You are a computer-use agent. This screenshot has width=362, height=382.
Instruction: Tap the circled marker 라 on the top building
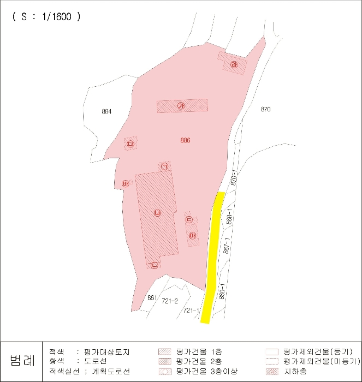pyautogui.click(x=234, y=64)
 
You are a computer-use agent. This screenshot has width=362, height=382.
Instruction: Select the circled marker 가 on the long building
pyautogui.click(x=181, y=106)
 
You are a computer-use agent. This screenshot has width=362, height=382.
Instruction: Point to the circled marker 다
pyautogui.click(x=130, y=144)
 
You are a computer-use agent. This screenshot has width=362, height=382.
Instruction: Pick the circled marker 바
pyautogui.click(x=125, y=183)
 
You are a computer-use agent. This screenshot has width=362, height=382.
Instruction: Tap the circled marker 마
pyautogui.click(x=192, y=236)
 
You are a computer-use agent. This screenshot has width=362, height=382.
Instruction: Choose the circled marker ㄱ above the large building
pyautogui.click(x=164, y=166)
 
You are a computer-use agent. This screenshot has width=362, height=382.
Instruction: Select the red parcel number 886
pyautogui.click(x=185, y=140)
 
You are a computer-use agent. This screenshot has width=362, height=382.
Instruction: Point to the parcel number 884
pyautogui.click(x=106, y=112)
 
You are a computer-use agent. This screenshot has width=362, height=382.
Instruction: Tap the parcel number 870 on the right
pyautogui.click(x=265, y=110)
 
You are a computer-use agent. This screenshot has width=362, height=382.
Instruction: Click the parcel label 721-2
pyautogui.click(x=170, y=301)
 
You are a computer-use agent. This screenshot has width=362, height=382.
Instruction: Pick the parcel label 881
pyautogui.click(x=152, y=298)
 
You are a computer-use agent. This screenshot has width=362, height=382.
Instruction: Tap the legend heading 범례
pyautogui.click(x=22, y=360)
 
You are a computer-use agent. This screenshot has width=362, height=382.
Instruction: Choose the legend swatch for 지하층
pyautogui.click(x=272, y=372)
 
